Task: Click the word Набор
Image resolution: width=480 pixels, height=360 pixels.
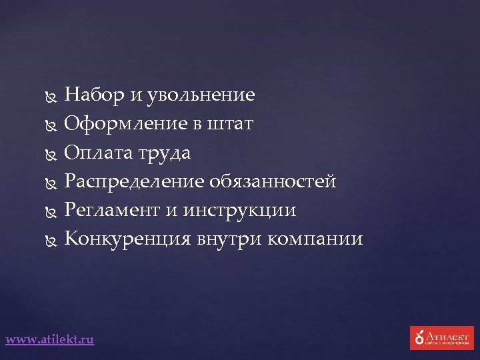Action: tap(93, 95)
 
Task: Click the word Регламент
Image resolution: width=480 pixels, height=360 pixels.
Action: tap(111, 210)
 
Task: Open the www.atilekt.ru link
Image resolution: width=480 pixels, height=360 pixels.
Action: tap(50, 339)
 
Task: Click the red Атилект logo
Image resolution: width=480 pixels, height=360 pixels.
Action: tap(441, 337)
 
